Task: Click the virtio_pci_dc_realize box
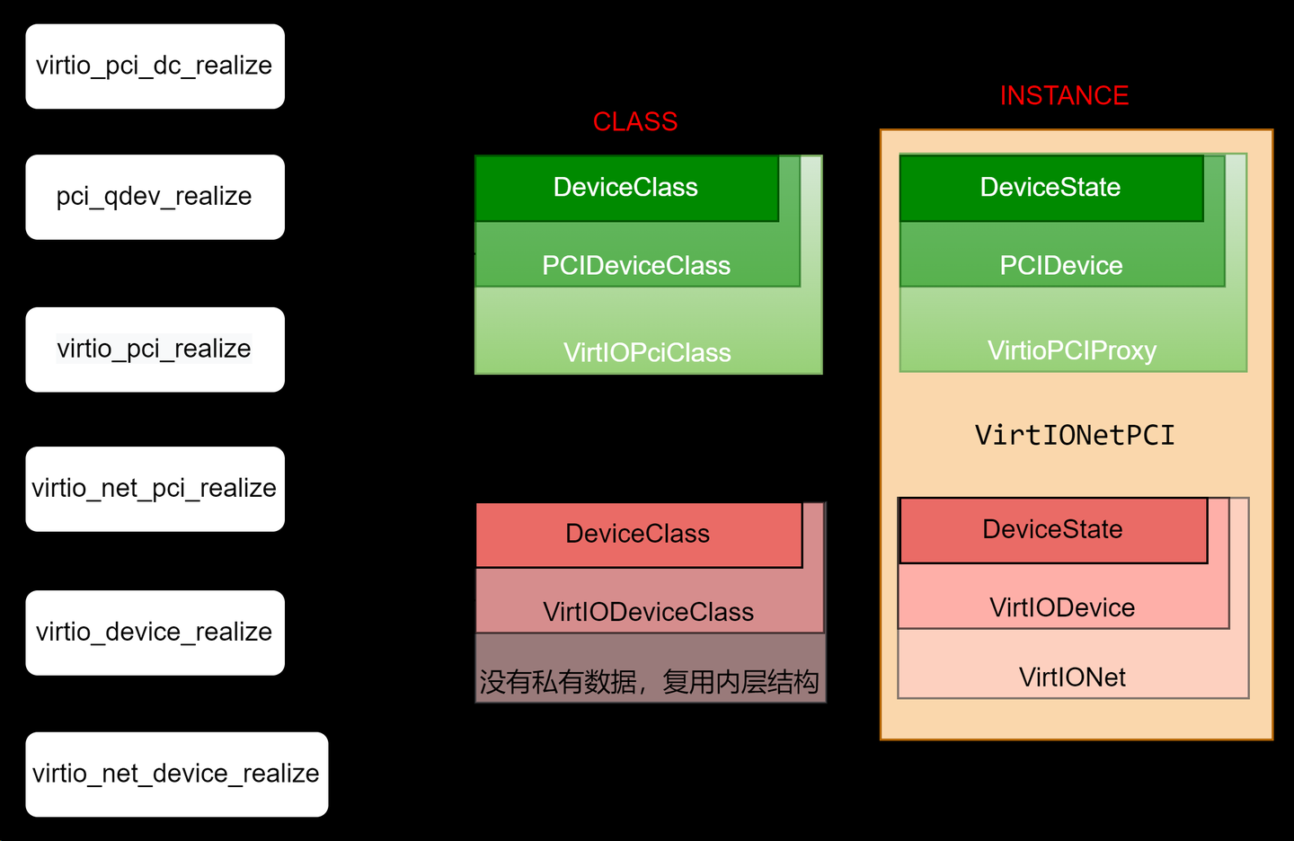[x=155, y=66]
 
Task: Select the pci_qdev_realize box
[x=155, y=197]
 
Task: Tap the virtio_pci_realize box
[x=155, y=350]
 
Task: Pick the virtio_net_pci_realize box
[x=155, y=489]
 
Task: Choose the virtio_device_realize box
[x=155, y=633]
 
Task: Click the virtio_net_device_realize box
[x=176, y=774]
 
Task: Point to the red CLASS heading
[x=635, y=121]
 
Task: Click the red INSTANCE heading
[x=1064, y=95]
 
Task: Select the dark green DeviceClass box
[x=626, y=188]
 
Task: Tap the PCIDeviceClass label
[x=636, y=266]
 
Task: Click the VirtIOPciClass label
[x=647, y=352]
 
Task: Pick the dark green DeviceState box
[x=1050, y=188]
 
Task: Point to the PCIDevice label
[x=1061, y=266]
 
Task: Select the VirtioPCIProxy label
[x=1072, y=350]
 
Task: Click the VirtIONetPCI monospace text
[x=1075, y=436]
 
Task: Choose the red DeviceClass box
[x=638, y=535]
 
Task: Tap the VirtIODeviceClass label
[x=648, y=612]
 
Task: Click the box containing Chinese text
[x=650, y=682]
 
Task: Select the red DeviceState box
[x=1052, y=530]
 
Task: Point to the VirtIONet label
[x=1072, y=677]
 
